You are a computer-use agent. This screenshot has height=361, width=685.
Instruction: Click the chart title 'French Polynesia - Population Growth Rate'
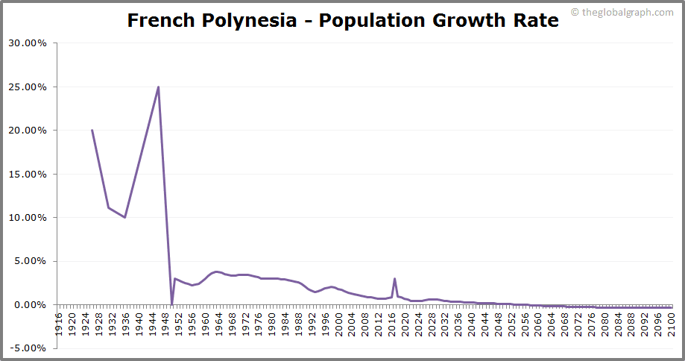tap(342, 20)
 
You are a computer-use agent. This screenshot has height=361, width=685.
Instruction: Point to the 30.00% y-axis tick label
tap(28, 43)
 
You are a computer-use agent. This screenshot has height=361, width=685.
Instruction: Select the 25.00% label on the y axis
tap(28, 87)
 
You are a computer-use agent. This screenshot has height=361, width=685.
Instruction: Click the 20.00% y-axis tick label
tap(28, 131)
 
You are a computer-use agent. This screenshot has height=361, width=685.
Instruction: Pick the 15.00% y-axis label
tap(28, 174)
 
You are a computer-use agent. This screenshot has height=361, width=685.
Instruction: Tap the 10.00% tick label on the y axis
tap(28, 218)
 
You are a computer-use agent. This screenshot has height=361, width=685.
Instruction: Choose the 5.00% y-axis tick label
tap(30, 261)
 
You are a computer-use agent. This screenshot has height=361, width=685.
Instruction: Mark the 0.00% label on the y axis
tap(30, 305)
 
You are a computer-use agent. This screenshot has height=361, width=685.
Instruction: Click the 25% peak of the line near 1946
tap(158, 87)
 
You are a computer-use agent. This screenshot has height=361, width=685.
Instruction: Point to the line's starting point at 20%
tap(92, 131)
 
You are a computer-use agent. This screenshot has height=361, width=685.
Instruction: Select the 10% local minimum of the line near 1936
tap(125, 217)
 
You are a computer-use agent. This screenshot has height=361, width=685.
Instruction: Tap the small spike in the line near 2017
tap(394, 279)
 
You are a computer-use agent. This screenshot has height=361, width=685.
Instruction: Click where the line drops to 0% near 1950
tap(171, 304)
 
